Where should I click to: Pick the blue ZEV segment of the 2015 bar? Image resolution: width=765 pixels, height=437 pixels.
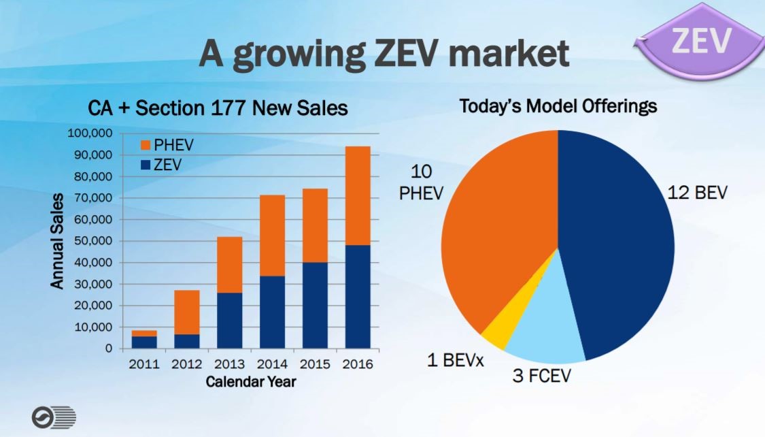315,305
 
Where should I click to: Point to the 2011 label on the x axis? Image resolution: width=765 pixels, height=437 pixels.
145,364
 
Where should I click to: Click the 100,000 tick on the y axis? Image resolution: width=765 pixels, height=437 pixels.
91,133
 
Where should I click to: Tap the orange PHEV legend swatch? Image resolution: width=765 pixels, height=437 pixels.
145,146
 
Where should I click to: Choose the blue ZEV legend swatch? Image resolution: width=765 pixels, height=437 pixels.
145,164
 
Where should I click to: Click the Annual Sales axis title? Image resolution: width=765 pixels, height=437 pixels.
58,241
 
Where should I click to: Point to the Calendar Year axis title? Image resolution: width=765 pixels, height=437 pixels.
251,382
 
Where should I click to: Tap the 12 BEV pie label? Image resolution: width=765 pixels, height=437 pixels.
697,193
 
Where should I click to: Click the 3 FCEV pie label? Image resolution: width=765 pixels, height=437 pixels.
541,376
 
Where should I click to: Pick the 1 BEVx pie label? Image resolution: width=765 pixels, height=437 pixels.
455,360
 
